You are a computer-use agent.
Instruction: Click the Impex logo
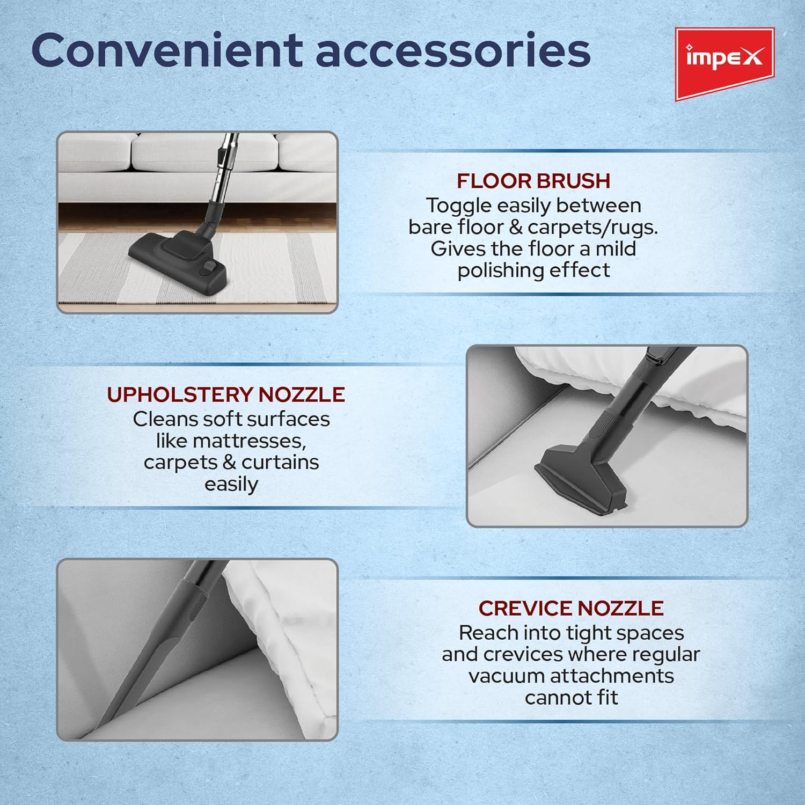coord(724,63)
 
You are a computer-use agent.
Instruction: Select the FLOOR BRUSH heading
coord(533,181)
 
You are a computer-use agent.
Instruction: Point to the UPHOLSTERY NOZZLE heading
coord(226,394)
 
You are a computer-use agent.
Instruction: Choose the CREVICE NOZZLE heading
coord(571,608)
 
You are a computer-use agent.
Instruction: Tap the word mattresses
coord(231,441)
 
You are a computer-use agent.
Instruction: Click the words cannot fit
coord(572,698)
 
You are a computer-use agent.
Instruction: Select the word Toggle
coord(459,206)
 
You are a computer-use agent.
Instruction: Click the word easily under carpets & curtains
coord(231,485)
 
